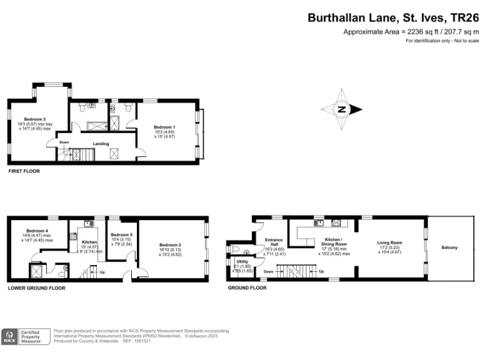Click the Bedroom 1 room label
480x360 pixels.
[164, 127]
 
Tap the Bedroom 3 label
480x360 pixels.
[35, 119]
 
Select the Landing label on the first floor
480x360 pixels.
[102, 144]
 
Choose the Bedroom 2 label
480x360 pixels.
[170, 244]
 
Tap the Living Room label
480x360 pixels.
[389, 242]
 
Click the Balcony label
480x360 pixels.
[449, 247]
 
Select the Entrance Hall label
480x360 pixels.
[274, 242]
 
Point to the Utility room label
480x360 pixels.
[242, 261]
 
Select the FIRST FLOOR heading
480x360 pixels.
[23, 171]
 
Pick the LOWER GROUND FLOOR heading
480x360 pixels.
[36, 288]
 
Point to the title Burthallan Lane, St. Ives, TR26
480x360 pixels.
[393, 18]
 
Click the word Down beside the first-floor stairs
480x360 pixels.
[64, 142]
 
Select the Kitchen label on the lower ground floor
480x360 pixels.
[89, 241]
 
